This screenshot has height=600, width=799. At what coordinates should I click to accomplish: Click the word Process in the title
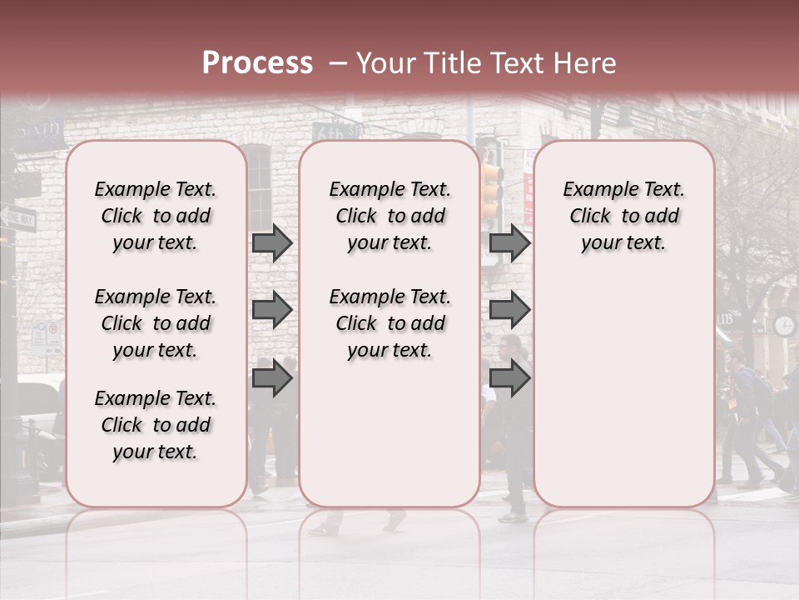click(257, 63)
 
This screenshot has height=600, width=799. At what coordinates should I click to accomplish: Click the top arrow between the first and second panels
click(272, 243)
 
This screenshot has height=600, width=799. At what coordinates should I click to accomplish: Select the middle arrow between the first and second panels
click(272, 310)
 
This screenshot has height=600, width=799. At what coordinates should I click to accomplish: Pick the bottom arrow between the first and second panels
click(272, 378)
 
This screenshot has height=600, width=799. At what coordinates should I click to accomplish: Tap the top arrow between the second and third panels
click(509, 243)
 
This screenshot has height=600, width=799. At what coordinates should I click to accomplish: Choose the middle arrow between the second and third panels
click(509, 310)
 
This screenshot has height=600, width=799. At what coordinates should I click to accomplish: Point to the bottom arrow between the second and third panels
click(509, 378)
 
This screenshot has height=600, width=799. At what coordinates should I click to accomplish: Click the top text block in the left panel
click(156, 216)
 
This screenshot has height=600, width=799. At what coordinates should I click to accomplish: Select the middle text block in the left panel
click(156, 323)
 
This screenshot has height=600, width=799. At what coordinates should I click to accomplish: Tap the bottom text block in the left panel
click(156, 425)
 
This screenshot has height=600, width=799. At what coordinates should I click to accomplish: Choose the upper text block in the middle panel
click(390, 216)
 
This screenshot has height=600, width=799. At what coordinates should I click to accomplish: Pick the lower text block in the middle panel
click(390, 323)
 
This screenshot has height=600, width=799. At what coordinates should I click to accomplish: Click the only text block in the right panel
click(623, 216)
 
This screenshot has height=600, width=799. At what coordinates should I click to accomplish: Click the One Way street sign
click(17, 218)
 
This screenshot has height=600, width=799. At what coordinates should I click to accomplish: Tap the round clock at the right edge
click(784, 324)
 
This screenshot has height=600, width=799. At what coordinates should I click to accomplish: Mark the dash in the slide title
click(337, 64)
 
